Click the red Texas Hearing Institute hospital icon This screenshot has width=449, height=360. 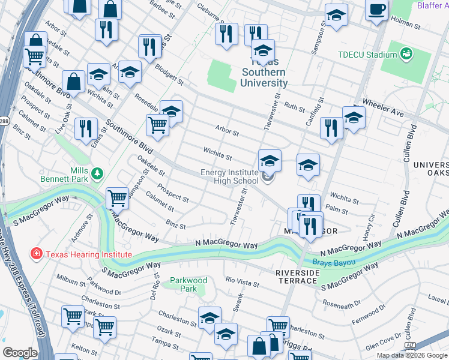37,254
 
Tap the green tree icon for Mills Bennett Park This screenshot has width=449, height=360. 96,173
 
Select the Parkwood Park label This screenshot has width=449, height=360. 188,284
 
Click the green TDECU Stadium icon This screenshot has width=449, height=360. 407,54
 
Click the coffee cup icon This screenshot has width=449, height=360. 376,10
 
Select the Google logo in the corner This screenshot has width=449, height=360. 20,353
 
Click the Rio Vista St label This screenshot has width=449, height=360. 242,281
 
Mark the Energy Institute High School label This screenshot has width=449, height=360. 230,177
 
